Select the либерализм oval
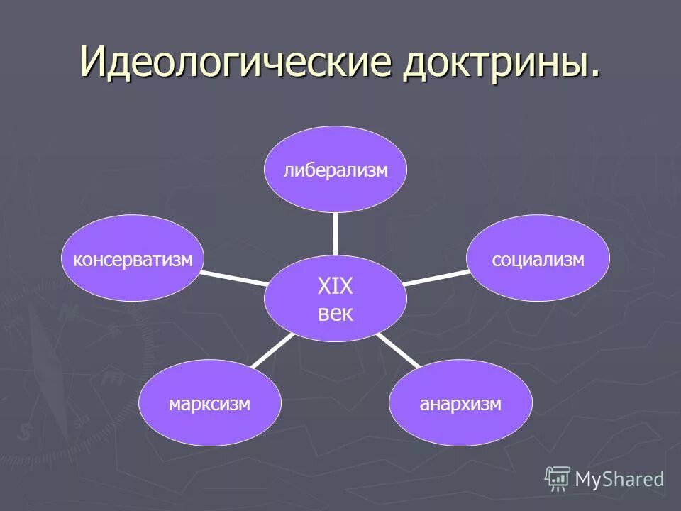[336, 170]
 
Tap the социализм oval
[538, 260]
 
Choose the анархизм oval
[460, 404]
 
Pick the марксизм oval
[209, 404]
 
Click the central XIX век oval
[336, 299]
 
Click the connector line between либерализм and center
[336, 233]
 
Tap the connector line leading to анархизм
[397, 351]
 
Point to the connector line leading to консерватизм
[234, 277]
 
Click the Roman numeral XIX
[336, 287]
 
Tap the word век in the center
[336, 313]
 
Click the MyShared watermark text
[619, 479]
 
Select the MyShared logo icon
[558, 479]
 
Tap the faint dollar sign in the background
[26, 432]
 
